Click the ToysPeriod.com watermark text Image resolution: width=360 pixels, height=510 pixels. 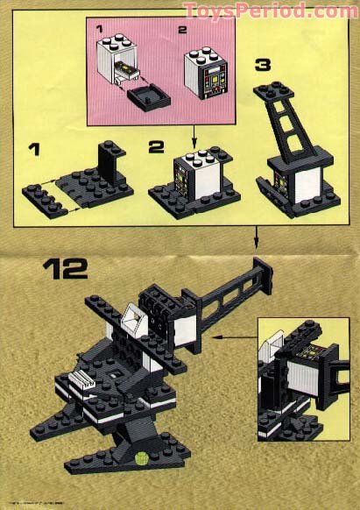tap(271, 11)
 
